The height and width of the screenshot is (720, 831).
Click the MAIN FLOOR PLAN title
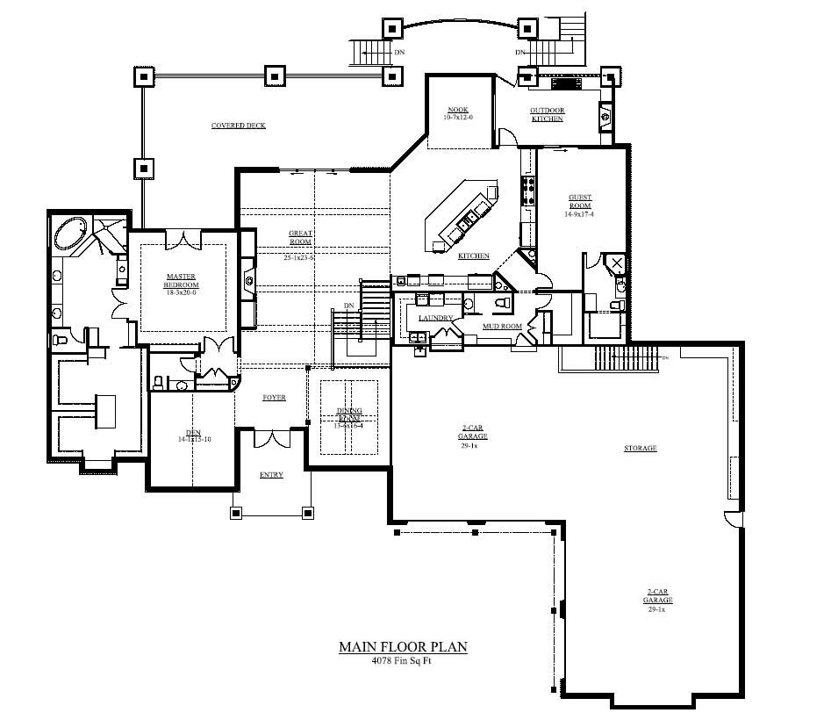click(403, 647)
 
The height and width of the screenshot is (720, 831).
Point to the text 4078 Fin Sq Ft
click(403, 661)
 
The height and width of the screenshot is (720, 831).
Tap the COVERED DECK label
click(238, 126)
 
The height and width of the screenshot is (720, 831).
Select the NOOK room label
click(457, 110)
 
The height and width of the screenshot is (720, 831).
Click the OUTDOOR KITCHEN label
click(547, 114)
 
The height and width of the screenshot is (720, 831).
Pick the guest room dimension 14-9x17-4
click(579, 213)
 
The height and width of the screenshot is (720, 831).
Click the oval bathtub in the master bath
click(71, 234)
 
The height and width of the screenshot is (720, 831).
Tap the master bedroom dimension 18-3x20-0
click(182, 292)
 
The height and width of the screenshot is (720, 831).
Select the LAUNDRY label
click(436, 318)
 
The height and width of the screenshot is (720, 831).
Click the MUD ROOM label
click(502, 327)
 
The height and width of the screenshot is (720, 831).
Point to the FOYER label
click(274, 398)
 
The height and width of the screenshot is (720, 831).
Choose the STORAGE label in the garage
click(640, 449)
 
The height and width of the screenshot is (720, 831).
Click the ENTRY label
click(271, 475)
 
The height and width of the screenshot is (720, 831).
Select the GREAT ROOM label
click(301, 237)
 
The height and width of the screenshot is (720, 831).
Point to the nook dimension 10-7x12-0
click(457, 117)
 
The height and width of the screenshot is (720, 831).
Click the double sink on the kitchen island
click(468, 218)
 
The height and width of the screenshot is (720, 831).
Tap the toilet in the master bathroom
click(61, 338)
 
